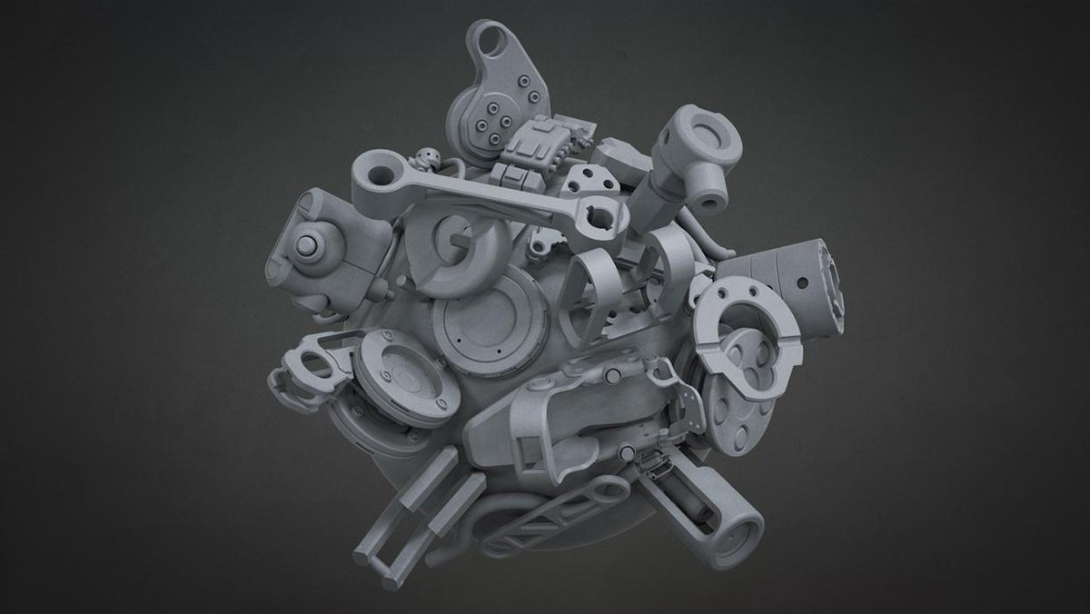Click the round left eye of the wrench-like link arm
[x=372, y=169]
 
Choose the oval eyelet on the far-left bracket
[x=312, y=368]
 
